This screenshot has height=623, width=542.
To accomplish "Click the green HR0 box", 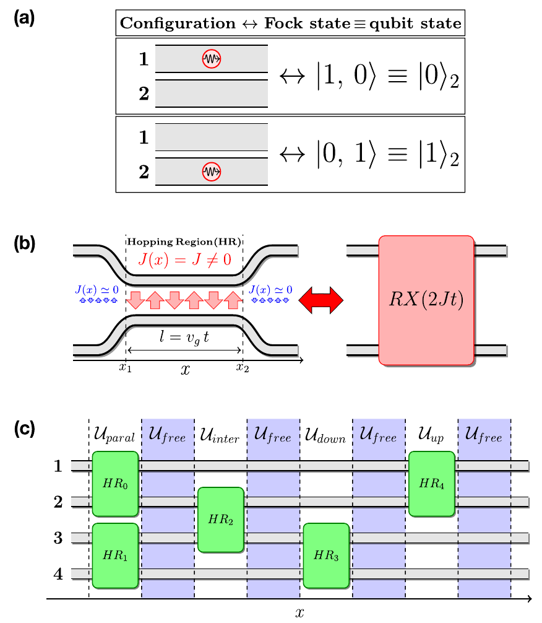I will [x=114, y=484].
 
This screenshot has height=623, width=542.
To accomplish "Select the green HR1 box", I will [x=114, y=555].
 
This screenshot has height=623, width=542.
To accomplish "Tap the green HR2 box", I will [x=220, y=520].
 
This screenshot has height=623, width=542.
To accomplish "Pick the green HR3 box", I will [x=326, y=555].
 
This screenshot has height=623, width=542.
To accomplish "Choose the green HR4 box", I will [x=431, y=484].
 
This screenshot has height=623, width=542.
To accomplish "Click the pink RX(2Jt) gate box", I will [x=426, y=300].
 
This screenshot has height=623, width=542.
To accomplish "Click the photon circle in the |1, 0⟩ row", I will [x=212, y=59].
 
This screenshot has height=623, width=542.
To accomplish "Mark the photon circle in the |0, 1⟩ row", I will [x=212, y=170].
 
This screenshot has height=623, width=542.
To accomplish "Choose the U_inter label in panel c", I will [x=220, y=437].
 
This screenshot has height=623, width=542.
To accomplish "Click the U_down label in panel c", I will [x=325, y=437].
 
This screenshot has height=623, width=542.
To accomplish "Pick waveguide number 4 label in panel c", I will [x=58, y=573].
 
